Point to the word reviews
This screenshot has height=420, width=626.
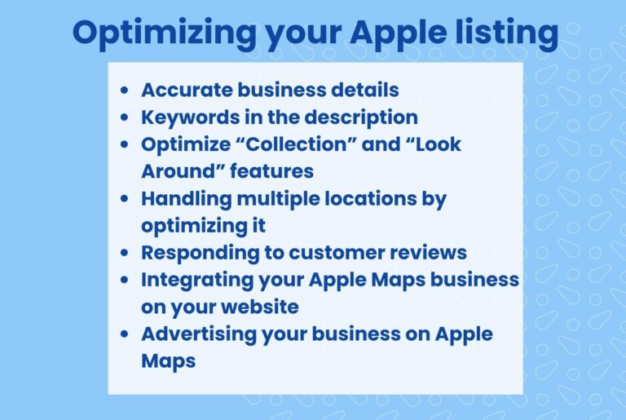tap(431, 252)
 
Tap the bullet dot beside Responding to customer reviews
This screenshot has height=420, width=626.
tap(124, 253)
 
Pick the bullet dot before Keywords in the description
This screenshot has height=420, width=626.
tap(124, 117)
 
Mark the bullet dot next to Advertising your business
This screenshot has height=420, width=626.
tap(124, 334)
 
